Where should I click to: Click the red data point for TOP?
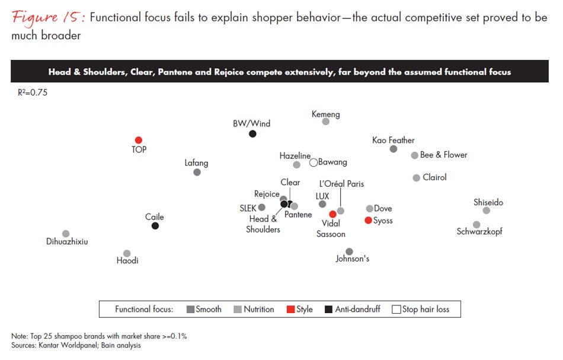(x=139, y=141)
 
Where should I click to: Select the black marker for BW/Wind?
(x=252, y=134)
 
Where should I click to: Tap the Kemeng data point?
(x=325, y=122)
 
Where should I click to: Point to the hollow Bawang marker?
(x=314, y=162)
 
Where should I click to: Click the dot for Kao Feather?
(x=394, y=149)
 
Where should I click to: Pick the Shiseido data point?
(x=487, y=211)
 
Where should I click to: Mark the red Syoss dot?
(x=368, y=221)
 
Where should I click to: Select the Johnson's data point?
(x=349, y=251)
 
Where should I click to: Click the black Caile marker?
(x=155, y=226)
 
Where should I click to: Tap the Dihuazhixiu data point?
(x=66, y=234)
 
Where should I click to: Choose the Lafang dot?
(x=197, y=172)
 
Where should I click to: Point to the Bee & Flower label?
(x=443, y=155)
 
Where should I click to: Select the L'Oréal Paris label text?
(x=341, y=184)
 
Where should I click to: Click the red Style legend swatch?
(x=290, y=309)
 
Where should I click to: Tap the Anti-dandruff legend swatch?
(x=329, y=309)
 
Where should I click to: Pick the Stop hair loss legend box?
(x=396, y=309)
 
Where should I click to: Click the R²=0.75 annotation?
(x=33, y=93)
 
